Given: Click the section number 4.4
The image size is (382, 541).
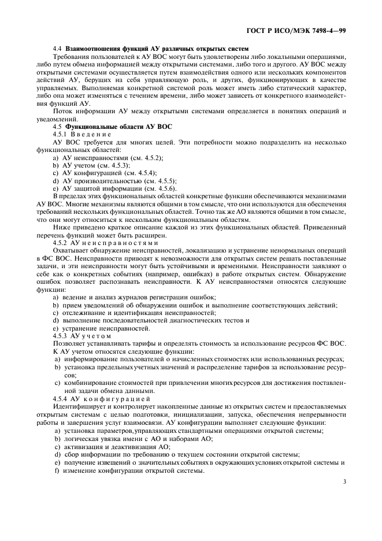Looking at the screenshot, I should (57, 49).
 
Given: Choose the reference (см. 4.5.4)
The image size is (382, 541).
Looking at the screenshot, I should (138, 173).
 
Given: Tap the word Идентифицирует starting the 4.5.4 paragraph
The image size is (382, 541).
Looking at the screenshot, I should (77, 406).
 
